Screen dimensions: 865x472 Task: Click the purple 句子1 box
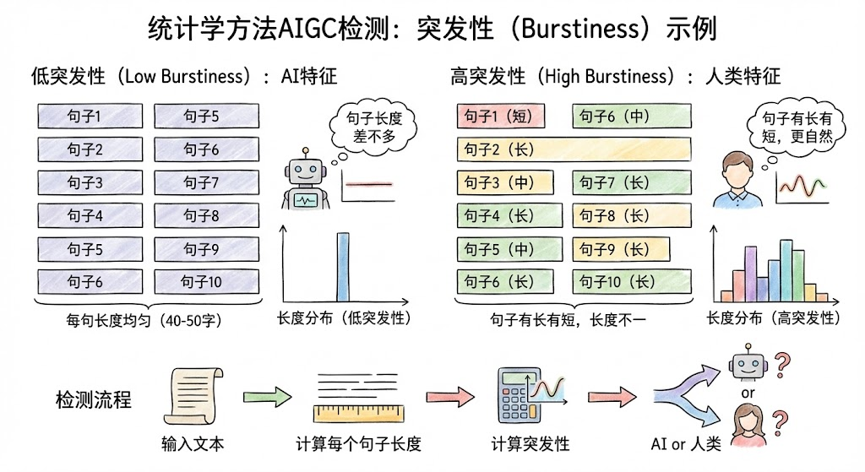(x=90, y=117)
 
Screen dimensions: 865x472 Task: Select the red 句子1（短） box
(x=500, y=117)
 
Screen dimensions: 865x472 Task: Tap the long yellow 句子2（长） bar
(x=574, y=149)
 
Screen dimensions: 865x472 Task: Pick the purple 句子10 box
(x=206, y=282)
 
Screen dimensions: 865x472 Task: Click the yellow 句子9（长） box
(x=621, y=249)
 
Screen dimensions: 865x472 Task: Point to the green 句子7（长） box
(x=632, y=182)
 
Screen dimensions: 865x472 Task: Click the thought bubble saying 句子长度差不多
(x=373, y=127)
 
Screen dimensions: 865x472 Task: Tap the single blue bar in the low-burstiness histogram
(x=343, y=267)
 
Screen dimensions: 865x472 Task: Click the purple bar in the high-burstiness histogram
(x=750, y=274)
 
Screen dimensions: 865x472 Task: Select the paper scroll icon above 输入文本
(x=193, y=395)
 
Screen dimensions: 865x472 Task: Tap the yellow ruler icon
(x=358, y=414)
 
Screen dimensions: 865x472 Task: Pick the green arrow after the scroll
(x=268, y=397)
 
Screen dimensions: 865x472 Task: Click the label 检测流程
(x=93, y=399)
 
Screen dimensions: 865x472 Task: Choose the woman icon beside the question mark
(x=749, y=426)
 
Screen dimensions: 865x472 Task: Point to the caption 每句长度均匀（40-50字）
(x=144, y=320)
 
